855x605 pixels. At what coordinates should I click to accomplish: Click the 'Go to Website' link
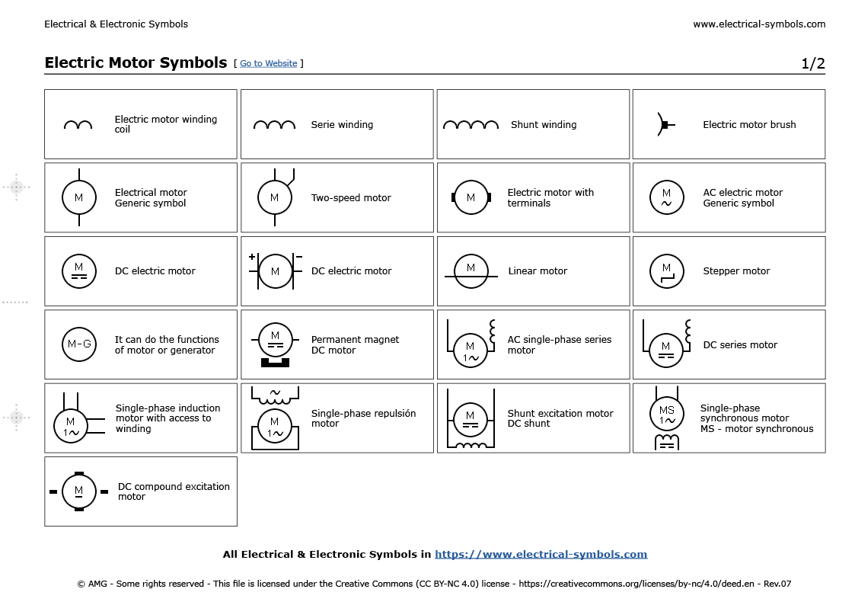(268, 63)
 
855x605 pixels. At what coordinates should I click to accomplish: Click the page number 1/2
(812, 63)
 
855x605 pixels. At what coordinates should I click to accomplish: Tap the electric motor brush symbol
(662, 124)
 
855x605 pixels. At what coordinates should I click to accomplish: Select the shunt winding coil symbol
(471, 124)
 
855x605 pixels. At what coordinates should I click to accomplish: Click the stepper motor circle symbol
(666, 271)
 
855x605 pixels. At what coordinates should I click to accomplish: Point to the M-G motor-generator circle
(78, 344)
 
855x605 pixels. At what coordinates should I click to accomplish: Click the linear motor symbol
(471, 271)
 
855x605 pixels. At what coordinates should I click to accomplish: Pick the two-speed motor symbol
(274, 197)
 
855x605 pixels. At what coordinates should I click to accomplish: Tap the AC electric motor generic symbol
(666, 197)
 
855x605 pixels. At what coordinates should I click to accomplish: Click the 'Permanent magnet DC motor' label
(355, 345)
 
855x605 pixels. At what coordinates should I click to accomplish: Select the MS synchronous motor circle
(666, 415)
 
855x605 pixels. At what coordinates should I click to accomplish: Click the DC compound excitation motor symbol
(78, 491)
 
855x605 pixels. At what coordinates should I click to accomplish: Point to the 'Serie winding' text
(342, 125)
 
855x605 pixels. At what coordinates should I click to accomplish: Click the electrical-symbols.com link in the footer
(541, 554)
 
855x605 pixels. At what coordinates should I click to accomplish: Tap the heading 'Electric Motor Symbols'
(136, 62)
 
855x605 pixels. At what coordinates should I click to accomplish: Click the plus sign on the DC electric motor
(252, 257)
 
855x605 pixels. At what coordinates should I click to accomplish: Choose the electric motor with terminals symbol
(471, 197)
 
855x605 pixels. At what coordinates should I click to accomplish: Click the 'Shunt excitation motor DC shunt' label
(560, 418)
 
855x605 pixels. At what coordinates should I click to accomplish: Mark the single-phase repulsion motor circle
(274, 427)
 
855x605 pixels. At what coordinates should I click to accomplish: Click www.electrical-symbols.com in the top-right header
(758, 24)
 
